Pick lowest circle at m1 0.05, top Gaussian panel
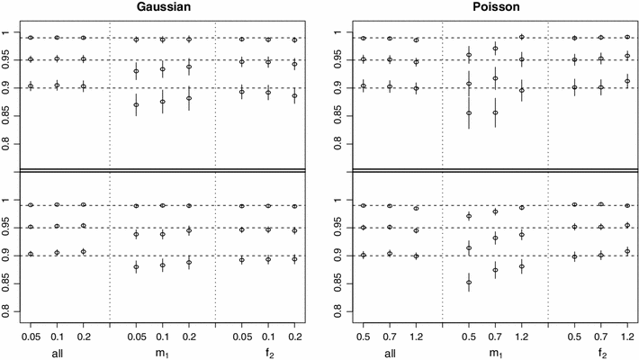[x=136, y=105]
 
